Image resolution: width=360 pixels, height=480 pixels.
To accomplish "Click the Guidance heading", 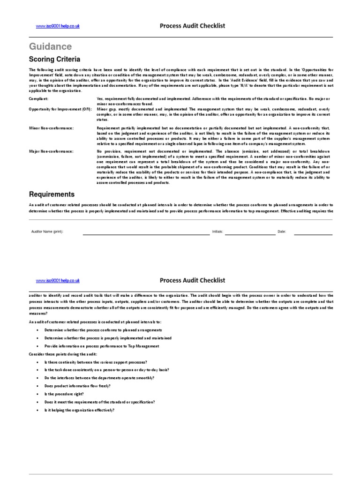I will pyautogui.click(x=51, y=46).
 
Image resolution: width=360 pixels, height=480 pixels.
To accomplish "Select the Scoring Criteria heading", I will pyautogui.click(x=54, y=60).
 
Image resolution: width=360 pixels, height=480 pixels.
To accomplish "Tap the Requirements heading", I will pyautogui.click(x=52, y=194).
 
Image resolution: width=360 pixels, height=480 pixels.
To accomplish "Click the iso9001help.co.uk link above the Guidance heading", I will pyautogui.click(x=58, y=26).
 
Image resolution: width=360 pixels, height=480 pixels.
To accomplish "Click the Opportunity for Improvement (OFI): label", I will pyautogui.click(x=60, y=109).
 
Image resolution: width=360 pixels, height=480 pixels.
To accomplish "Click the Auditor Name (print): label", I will pyautogui.click(x=47, y=232).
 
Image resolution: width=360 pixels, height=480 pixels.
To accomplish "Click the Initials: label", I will pyautogui.click(x=217, y=232).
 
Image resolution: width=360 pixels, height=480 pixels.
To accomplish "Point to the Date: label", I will pyautogui.click(x=282, y=232).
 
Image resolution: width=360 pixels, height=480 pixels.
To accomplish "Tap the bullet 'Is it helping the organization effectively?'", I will pyautogui.click(x=79, y=410).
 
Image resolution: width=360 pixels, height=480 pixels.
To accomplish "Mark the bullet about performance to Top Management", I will pyautogui.click(x=102, y=346).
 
